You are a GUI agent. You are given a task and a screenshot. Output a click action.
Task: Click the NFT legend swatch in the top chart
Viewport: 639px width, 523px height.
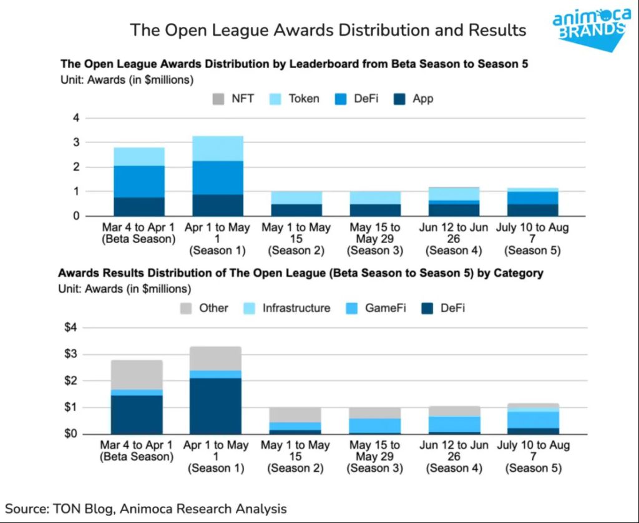tap(218, 98)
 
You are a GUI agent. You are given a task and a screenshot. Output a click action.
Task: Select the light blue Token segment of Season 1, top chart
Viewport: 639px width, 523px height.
tap(217, 148)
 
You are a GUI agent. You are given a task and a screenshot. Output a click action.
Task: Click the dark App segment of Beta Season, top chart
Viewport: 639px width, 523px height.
tap(139, 206)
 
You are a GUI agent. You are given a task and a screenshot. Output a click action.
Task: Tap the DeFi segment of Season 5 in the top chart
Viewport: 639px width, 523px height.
tap(532, 197)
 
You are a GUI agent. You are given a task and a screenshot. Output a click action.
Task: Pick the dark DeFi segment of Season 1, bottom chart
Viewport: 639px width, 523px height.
tap(215, 406)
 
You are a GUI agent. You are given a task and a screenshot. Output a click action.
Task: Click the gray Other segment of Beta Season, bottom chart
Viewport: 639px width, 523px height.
tap(137, 374)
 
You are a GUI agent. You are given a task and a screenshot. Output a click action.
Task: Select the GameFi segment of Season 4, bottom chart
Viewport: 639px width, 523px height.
tap(454, 424)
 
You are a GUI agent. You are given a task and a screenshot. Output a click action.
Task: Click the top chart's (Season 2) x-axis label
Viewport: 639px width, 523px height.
tap(296, 251)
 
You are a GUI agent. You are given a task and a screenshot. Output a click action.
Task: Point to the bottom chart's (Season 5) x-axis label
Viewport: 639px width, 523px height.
tap(532, 468)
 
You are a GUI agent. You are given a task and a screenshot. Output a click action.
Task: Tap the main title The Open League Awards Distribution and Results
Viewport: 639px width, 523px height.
tap(327, 30)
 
